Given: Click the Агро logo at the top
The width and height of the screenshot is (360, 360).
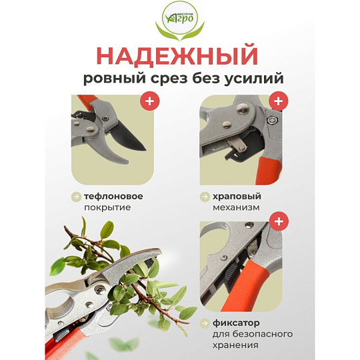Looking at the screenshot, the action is coord(180,22).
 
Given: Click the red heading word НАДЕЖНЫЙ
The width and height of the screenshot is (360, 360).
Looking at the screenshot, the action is coord(177,56).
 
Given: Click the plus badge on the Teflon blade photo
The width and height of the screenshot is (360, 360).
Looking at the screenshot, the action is coord(150,101).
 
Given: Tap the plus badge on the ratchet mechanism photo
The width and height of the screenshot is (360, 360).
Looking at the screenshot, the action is coord(278,101).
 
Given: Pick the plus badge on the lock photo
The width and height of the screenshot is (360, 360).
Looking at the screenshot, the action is coord(279,221).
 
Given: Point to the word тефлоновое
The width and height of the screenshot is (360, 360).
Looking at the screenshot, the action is coord(113,197).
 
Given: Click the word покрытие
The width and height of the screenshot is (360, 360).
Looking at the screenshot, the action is coord(107,207).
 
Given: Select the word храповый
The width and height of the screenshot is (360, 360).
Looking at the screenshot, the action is coord(237,197).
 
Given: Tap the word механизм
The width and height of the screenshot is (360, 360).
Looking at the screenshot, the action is coord(236,207).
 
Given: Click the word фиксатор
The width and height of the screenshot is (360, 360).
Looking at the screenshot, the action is coord(236,323).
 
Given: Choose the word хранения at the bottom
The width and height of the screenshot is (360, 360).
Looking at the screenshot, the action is coord(235,345).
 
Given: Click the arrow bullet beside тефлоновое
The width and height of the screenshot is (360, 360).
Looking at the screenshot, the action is coord(76,197).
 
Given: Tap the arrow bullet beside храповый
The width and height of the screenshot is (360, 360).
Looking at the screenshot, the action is coord(205,197).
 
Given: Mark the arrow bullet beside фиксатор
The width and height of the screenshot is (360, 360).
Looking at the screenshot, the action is coord(205,323).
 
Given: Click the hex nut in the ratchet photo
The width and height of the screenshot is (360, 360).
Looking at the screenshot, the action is coord(273,119).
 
